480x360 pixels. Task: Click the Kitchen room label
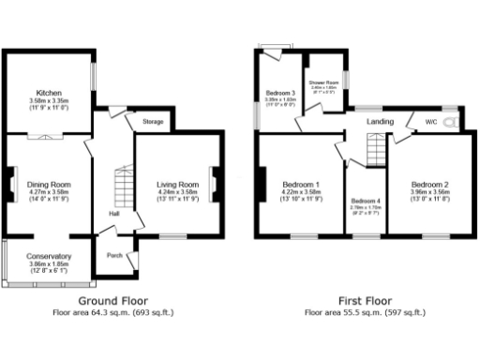coord(49,94)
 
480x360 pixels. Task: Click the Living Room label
coord(177,185)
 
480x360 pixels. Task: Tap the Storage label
coord(153,122)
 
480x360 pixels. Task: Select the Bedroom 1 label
coord(302,185)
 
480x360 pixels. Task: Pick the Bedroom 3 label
coord(279,94)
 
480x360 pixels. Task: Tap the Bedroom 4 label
coord(366,202)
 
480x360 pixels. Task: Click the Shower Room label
coord(324,82)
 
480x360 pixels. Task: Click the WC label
coord(430,121)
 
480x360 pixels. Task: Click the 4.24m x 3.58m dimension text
coord(177,193)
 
